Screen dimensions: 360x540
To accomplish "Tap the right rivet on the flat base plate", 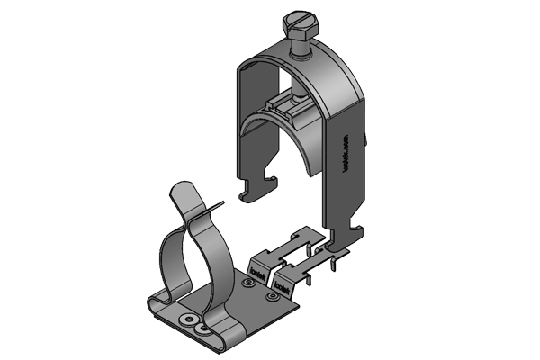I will click(271, 295).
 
